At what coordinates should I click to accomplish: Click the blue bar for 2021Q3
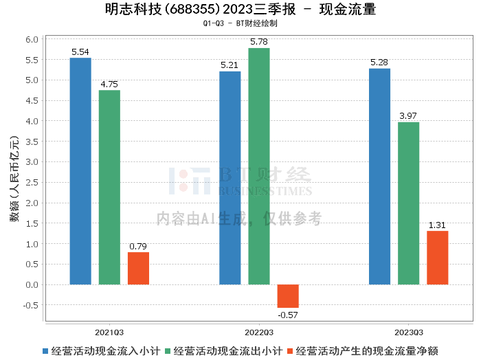click(80, 171)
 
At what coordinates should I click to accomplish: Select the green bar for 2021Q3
click(109, 187)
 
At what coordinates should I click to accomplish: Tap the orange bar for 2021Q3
click(138, 268)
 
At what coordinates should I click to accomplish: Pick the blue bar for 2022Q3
click(230, 178)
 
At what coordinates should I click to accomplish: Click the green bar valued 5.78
click(259, 166)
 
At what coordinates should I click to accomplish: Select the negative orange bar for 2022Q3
click(288, 296)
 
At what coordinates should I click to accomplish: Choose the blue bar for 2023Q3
click(379, 177)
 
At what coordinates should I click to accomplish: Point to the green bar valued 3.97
click(408, 203)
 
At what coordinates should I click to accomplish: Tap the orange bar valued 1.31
click(437, 258)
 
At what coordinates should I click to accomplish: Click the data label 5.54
click(80, 52)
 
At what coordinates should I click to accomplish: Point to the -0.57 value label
click(288, 315)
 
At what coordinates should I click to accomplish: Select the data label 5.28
click(379, 63)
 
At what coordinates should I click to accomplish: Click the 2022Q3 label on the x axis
click(259, 331)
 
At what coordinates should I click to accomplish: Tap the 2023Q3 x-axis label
click(408, 331)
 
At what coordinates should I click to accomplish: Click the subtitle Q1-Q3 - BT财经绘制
click(240, 23)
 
